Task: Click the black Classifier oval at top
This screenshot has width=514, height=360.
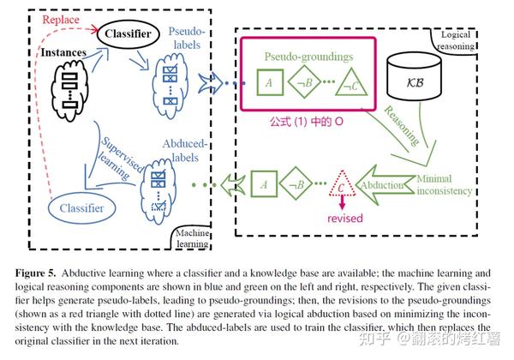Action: coord(129,35)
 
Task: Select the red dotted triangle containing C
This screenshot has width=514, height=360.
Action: coord(343,183)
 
